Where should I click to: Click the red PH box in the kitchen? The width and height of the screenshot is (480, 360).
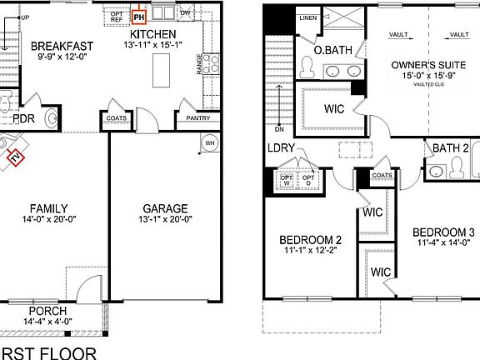point(138,14)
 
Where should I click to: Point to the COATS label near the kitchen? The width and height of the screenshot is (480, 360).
point(116,119)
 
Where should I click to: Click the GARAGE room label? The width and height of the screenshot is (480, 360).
point(164,208)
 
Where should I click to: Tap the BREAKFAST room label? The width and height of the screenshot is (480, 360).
point(61,45)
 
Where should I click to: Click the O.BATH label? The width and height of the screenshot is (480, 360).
point(332,51)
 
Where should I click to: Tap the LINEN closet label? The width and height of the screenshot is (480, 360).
point(308,17)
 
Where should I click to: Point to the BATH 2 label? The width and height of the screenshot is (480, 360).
point(451,148)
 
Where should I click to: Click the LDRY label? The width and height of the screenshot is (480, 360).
point(281,148)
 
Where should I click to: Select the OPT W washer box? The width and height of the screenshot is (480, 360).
point(287,178)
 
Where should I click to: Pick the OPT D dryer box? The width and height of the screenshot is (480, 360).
point(309,178)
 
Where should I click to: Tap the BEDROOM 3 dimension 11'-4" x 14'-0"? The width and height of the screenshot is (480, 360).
point(443,243)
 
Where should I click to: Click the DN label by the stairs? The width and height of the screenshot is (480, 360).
point(280,129)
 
